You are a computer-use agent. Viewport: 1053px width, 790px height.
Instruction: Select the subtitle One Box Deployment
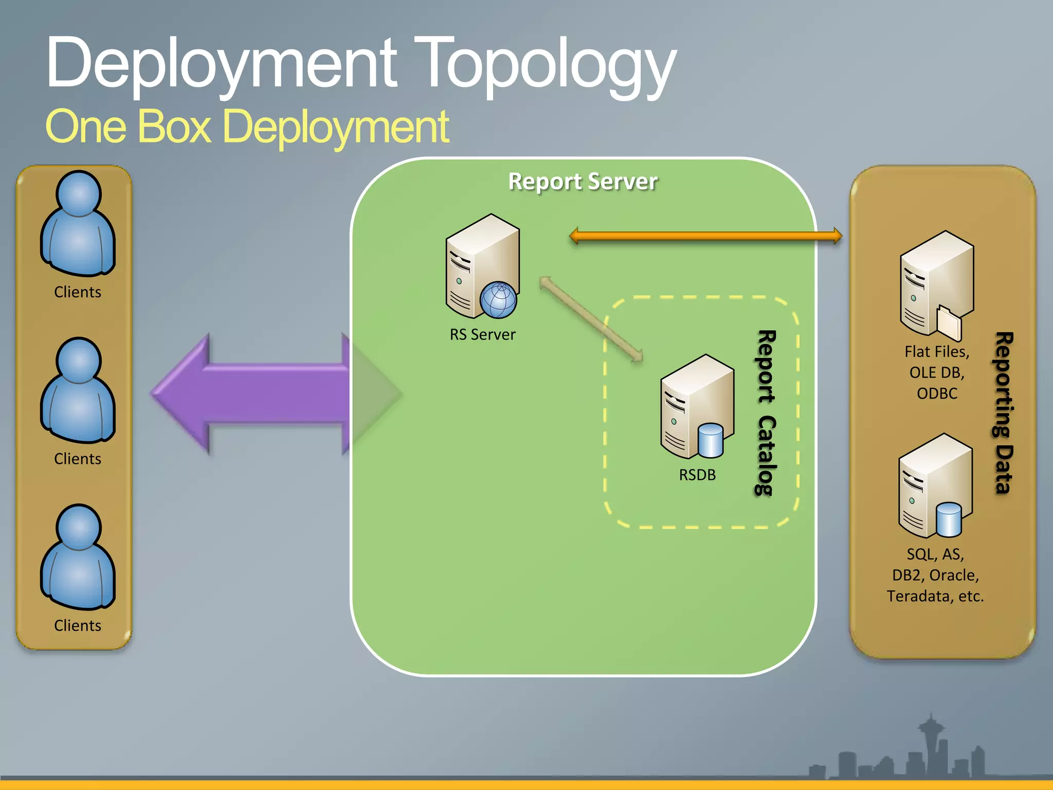point(247,127)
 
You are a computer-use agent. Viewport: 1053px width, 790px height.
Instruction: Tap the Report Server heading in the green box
point(583,182)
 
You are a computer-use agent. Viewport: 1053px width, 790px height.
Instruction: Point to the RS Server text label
point(482,335)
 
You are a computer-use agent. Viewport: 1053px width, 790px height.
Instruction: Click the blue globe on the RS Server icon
point(498,300)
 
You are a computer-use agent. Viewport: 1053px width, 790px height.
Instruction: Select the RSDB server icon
point(697,406)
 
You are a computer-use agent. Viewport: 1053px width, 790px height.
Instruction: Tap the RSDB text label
point(697,475)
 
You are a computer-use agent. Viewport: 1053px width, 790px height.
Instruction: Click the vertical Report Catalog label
point(766,412)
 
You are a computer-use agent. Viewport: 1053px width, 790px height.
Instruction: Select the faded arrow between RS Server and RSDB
point(591,319)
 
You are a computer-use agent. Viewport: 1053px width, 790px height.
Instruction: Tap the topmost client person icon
point(78,224)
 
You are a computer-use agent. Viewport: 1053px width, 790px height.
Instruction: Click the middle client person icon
point(78,390)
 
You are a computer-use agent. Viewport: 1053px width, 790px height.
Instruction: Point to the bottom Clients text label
point(78,625)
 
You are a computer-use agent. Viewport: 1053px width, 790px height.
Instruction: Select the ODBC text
point(937,393)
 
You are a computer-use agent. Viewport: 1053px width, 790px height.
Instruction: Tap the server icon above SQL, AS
point(935,486)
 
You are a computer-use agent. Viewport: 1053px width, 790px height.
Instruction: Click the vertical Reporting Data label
point(1004,412)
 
